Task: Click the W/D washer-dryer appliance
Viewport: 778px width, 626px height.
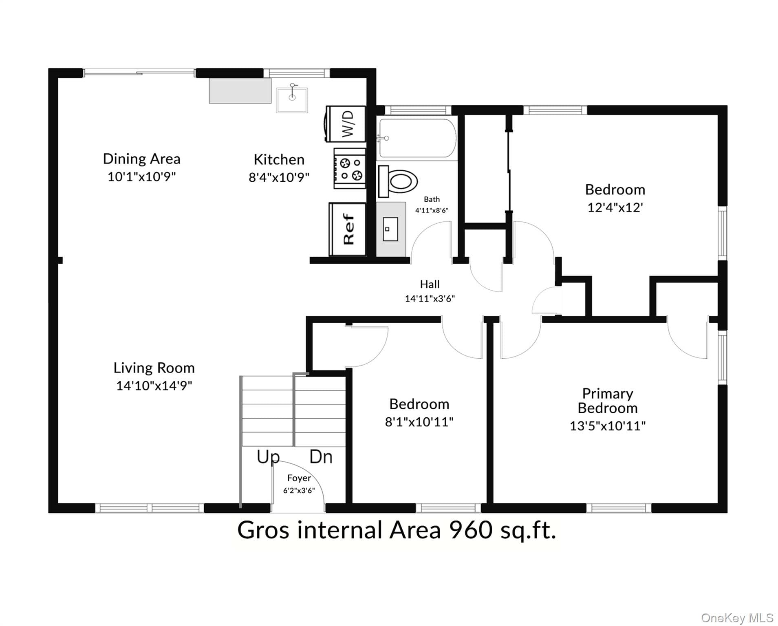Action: click(346, 124)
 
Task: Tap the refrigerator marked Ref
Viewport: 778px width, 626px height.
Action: click(347, 229)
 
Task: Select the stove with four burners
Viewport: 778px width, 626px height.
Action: click(349, 168)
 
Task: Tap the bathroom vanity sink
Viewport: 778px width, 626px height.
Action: click(390, 229)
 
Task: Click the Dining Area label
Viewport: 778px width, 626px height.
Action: click(141, 159)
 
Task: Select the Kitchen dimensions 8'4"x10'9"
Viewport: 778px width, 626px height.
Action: click(279, 177)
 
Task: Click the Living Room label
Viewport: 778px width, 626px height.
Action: click(154, 368)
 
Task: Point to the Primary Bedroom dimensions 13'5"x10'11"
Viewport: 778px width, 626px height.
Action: click(608, 426)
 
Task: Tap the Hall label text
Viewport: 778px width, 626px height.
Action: click(430, 284)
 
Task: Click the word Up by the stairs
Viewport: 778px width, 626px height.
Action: click(268, 457)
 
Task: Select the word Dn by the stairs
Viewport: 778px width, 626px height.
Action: click(321, 457)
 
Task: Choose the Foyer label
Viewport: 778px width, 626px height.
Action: click(299, 478)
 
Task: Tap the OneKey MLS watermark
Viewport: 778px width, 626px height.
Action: click(737, 618)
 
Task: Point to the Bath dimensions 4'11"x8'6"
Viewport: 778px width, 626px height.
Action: click(432, 210)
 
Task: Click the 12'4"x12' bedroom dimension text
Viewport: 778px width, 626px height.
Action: click(615, 207)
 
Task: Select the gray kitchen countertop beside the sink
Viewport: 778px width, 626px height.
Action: click(240, 90)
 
